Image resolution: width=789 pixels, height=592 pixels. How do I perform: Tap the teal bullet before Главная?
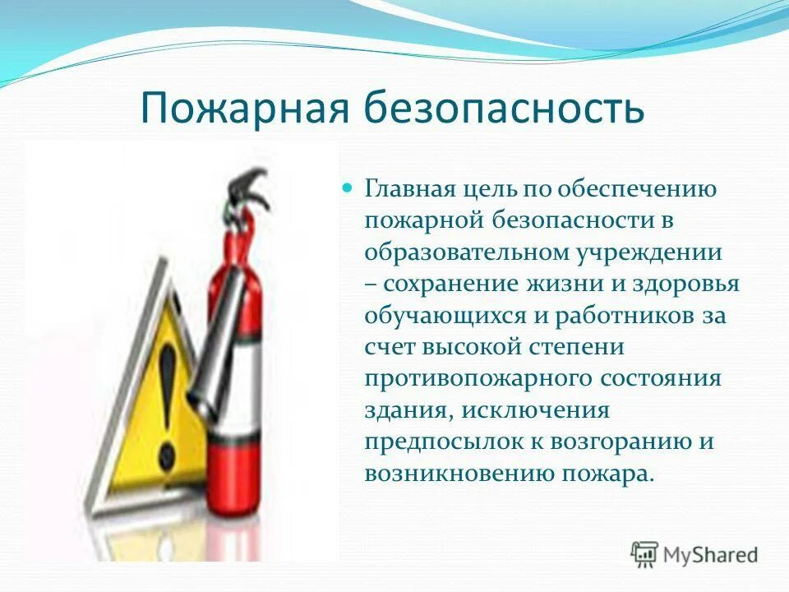click(347, 187)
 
